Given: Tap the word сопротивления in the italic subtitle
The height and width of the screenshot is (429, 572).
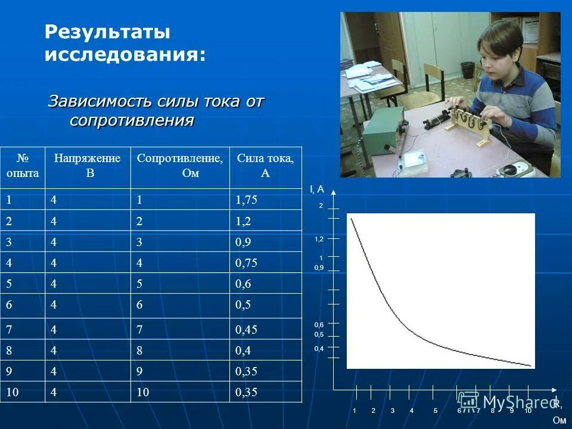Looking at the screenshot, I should click(132, 120).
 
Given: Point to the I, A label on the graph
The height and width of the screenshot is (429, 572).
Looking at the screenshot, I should click(316, 189).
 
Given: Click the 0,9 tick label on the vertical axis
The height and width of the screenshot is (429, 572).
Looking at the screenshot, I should click(319, 268).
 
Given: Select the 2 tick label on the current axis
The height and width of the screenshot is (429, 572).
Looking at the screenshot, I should click(321, 206).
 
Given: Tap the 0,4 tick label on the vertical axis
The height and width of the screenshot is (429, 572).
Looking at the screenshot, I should click(319, 349).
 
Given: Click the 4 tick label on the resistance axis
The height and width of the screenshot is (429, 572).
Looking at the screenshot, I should click(412, 411).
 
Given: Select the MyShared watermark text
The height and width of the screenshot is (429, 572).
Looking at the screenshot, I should click(511, 402).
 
